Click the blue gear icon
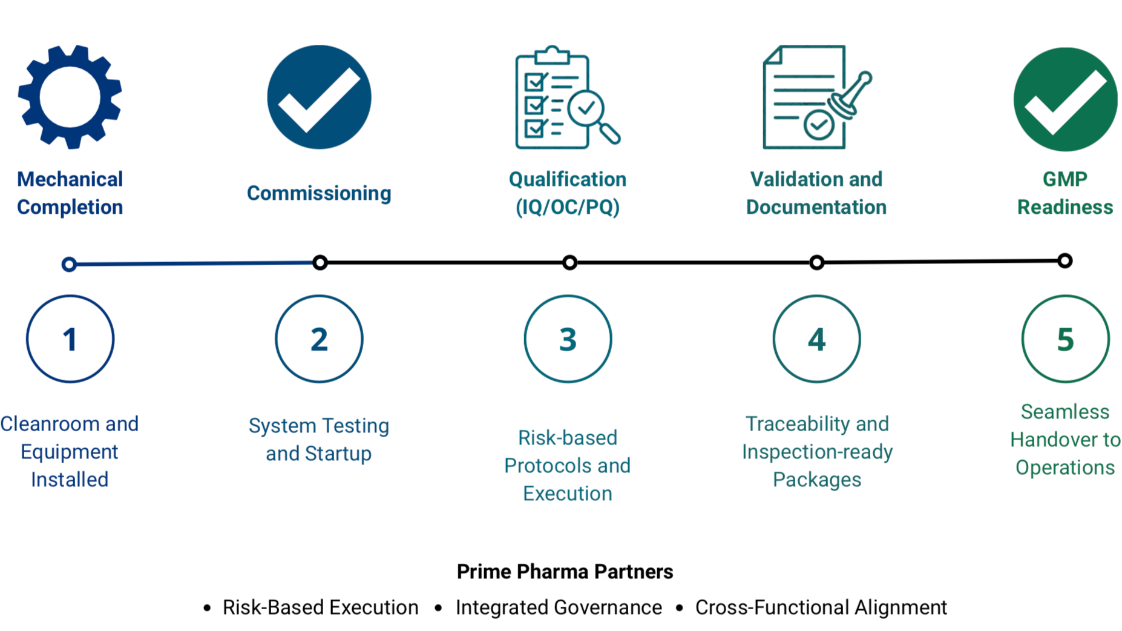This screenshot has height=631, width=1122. tap(70, 97)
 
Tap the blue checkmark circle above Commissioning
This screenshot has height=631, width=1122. tap(319, 97)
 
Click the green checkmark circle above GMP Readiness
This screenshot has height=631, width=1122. tap(1065, 99)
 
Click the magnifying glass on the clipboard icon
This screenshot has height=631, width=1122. tap(590, 112)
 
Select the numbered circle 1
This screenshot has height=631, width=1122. tap(70, 339)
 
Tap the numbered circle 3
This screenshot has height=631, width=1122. tap(568, 339)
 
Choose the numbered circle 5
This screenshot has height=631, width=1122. tap(1065, 339)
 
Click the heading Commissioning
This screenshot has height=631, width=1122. tap(319, 193)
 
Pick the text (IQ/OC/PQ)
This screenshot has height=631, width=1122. tap(568, 207)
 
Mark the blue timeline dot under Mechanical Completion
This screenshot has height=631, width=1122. tap(69, 264)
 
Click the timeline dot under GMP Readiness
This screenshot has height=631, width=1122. tap(1065, 261)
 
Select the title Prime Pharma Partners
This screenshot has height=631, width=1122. tap(565, 572)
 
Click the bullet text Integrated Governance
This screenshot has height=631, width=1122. tap(559, 607)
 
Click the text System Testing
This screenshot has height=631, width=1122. tap(319, 426)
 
